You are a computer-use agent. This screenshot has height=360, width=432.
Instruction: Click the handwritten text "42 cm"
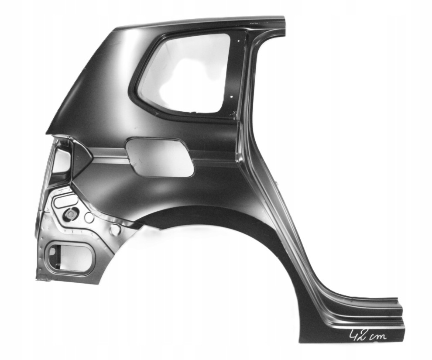[368, 336]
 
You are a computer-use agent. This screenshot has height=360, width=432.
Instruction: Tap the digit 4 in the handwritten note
[354, 336]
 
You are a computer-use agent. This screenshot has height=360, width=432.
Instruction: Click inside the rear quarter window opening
[185, 74]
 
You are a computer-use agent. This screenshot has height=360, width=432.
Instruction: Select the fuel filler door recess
[159, 157]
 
